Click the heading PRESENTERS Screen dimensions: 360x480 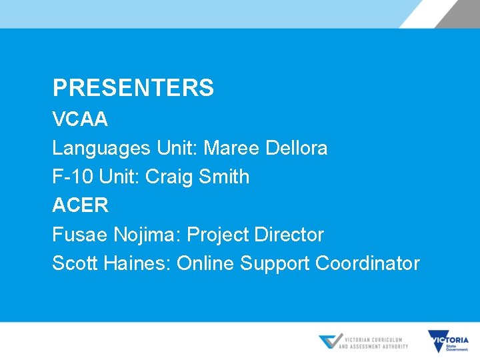point(133,88)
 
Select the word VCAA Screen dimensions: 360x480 point(80,119)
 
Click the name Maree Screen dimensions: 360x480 point(232,148)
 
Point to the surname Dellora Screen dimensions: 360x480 point(297,148)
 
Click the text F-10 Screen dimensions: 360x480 point(73,177)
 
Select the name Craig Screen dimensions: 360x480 point(169,177)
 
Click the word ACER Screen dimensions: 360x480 point(80,205)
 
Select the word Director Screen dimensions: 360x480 point(290,235)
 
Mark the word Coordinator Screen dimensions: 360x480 point(367,263)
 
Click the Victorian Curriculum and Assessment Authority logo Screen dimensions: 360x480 point(363,342)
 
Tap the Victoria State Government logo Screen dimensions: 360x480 point(448,341)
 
